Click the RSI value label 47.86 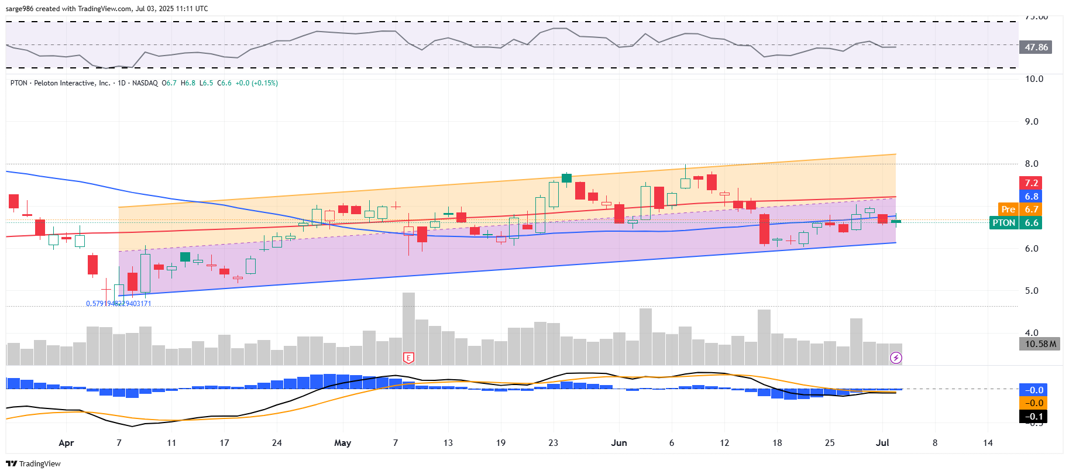pyautogui.click(x=1036, y=47)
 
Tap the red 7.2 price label pyautogui.click(x=1030, y=183)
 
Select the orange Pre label pyautogui.click(x=1008, y=209)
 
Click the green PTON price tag pyautogui.click(x=1003, y=223)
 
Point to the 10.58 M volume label pyautogui.click(x=1040, y=344)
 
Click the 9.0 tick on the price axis pyautogui.click(x=1031, y=122)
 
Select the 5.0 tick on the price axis pyautogui.click(x=1031, y=291)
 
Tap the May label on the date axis pyautogui.click(x=342, y=443)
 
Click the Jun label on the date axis pyautogui.click(x=618, y=443)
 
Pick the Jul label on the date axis pyautogui.click(x=882, y=443)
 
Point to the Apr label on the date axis pyautogui.click(x=66, y=443)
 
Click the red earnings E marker pyautogui.click(x=408, y=358)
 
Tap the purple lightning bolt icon pyautogui.click(x=896, y=358)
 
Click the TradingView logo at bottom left pyautogui.click(x=33, y=463)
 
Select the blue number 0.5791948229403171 pyautogui.click(x=119, y=304)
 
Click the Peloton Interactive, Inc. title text pyautogui.click(x=72, y=83)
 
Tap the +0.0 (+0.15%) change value pyautogui.click(x=256, y=83)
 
